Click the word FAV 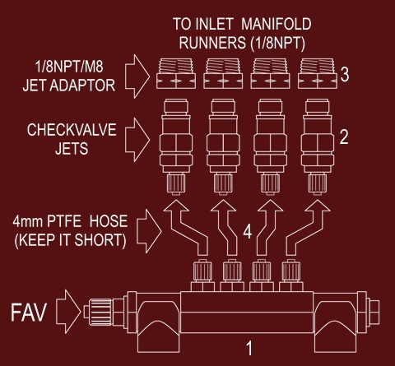(x=29, y=312)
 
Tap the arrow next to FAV (x=68, y=312)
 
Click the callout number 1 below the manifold (x=249, y=348)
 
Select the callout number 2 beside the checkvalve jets (x=344, y=137)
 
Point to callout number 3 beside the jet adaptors (x=345, y=74)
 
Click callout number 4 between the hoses (x=248, y=232)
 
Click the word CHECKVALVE (x=72, y=130)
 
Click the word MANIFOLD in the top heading (x=276, y=24)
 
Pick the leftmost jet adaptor (x=176, y=73)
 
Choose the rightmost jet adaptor (x=318, y=73)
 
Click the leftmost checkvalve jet (x=176, y=147)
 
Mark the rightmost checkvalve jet (x=318, y=147)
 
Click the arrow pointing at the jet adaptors (x=137, y=76)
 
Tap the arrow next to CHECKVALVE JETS (x=137, y=140)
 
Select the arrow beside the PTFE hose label (x=150, y=231)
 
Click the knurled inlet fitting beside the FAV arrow (x=101, y=312)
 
